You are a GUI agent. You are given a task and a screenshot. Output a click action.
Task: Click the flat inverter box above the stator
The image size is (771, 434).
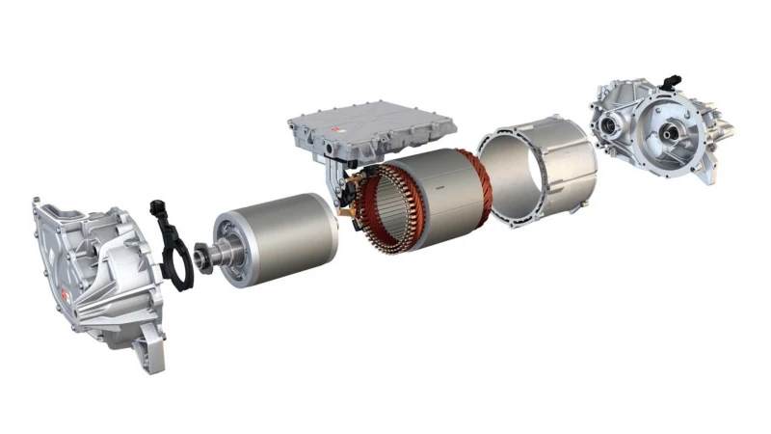tap(371, 125)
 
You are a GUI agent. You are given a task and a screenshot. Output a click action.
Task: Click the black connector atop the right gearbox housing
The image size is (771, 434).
tap(672, 83)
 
